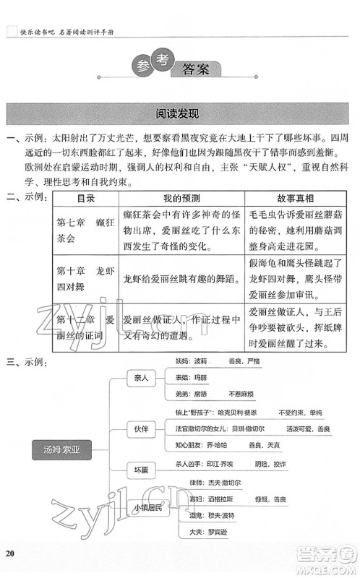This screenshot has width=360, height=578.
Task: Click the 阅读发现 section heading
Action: pyautogui.click(x=180, y=114)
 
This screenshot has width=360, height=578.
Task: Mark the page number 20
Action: pyautogui.click(x=9, y=553)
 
